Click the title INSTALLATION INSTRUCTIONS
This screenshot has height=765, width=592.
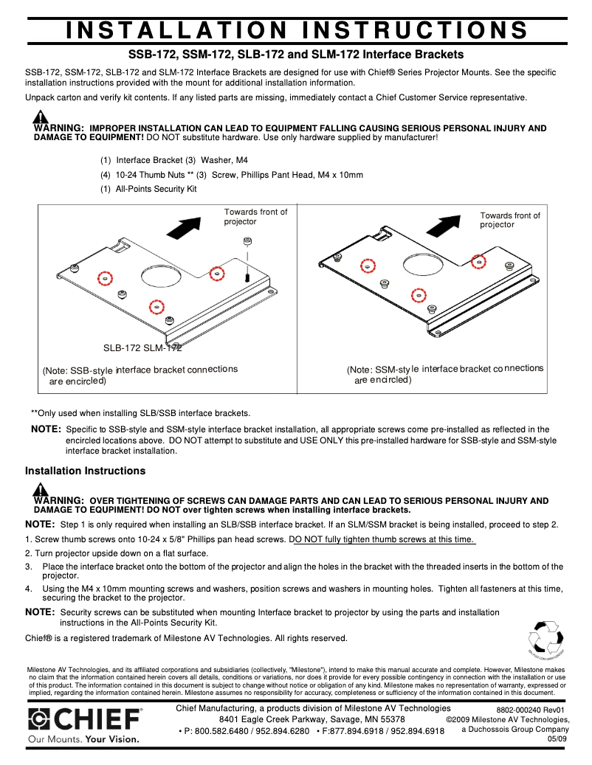[x=296, y=30]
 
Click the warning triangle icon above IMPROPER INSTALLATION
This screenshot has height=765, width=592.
[x=41, y=117]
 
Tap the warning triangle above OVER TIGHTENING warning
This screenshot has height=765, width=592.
[x=41, y=490]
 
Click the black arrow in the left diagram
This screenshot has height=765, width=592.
[x=183, y=226]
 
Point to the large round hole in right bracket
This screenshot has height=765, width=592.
[x=424, y=261]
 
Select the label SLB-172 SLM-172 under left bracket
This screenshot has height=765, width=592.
[x=142, y=347]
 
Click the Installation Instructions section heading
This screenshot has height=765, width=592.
[x=85, y=471]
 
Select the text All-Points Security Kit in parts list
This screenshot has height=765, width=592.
[x=156, y=190]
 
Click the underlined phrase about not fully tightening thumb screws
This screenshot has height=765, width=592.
[x=385, y=539]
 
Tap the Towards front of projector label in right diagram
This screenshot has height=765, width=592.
[x=509, y=220]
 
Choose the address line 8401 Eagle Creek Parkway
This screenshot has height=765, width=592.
[x=312, y=719]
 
